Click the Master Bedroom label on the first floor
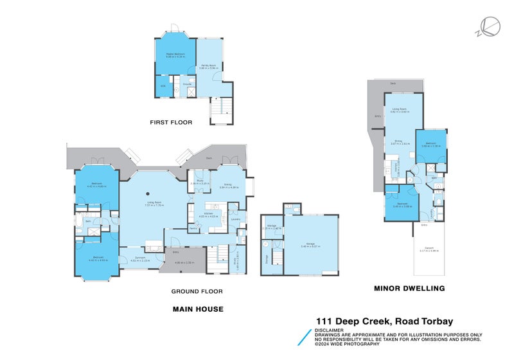coord(175,54)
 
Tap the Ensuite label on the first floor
coord(187,84)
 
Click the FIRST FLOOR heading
coord(171,122)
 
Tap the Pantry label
coord(193,228)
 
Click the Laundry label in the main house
coord(235,220)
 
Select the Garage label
coord(310,244)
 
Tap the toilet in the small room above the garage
coord(290,208)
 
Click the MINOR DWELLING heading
coord(409,289)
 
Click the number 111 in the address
coord(324,321)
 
